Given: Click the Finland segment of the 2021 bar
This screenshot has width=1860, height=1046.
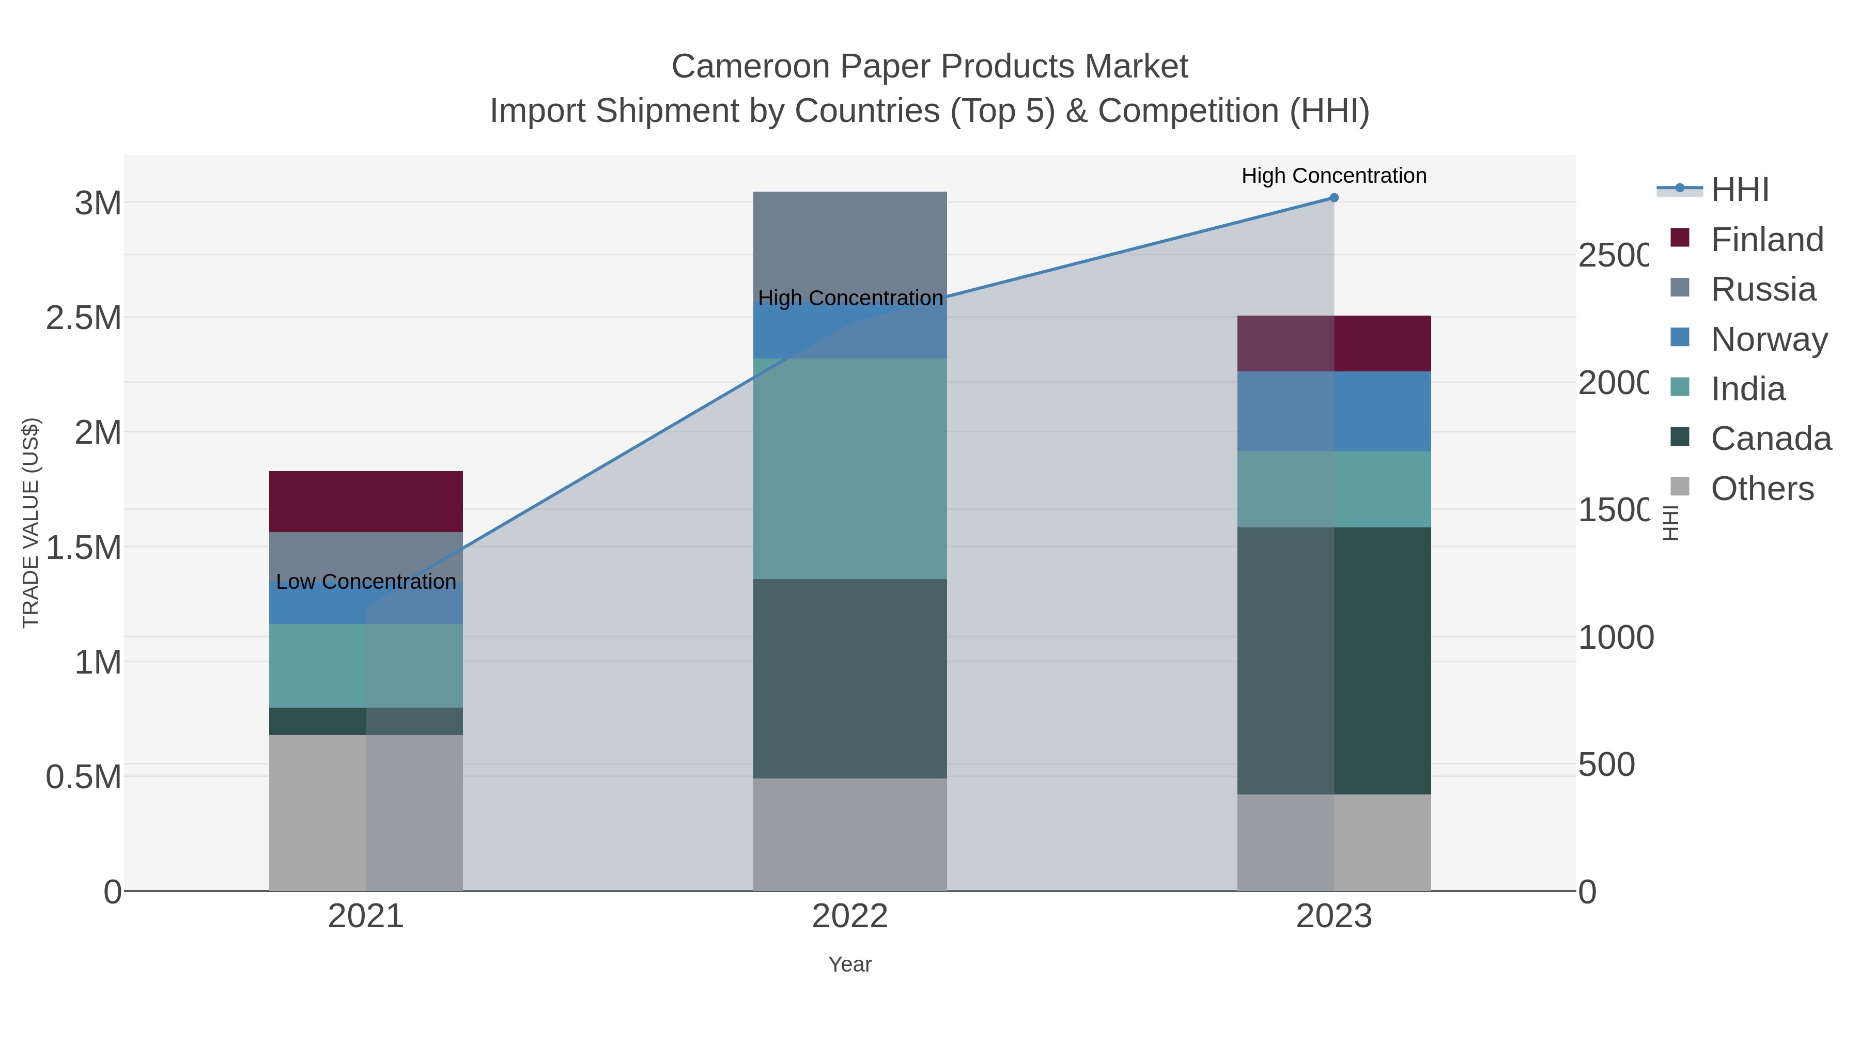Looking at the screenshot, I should [x=365, y=501].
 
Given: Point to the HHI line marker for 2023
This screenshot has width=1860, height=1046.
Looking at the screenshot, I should [x=1334, y=197].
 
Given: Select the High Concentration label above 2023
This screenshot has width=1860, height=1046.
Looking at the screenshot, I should [x=1334, y=176].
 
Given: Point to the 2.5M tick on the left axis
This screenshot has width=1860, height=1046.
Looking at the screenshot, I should [x=83, y=318].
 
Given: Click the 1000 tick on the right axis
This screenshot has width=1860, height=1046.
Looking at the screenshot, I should [x=1615, y=637].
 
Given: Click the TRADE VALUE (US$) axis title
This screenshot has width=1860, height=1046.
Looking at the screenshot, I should [x=30, y=523].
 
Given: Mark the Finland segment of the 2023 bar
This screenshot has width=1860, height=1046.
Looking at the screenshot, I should [x=1334, y=343].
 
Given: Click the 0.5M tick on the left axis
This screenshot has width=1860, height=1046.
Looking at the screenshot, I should [x=83, y=777].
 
